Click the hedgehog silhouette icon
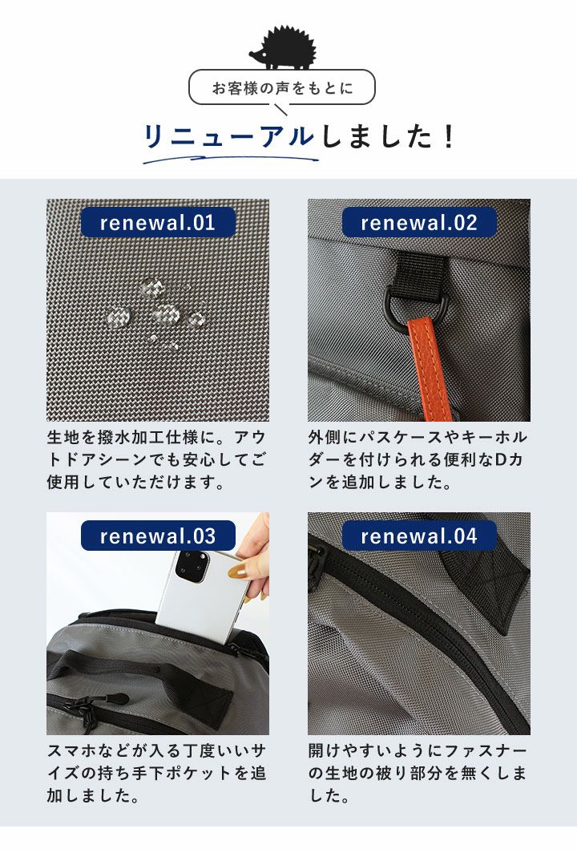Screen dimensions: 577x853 pos(282,49)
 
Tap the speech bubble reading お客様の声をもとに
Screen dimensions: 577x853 pos(282,87)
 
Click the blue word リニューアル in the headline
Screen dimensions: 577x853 pos(229,136)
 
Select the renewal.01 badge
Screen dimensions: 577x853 pos(158,223)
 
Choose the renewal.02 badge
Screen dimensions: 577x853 pos(419,223)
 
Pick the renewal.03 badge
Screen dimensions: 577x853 pos(158,536)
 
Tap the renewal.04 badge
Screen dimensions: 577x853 pos(419,536)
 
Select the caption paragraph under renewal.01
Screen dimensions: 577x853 pos(156,459)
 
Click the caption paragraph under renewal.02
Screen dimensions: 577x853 pos(418,459)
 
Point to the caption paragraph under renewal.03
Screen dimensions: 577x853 pos(156,773)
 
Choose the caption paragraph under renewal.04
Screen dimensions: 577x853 pos(418,773)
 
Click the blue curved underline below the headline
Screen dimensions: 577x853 pos(230,159)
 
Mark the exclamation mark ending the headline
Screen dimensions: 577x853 pos(449,136)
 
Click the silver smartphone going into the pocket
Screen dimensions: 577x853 pos(202,596)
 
